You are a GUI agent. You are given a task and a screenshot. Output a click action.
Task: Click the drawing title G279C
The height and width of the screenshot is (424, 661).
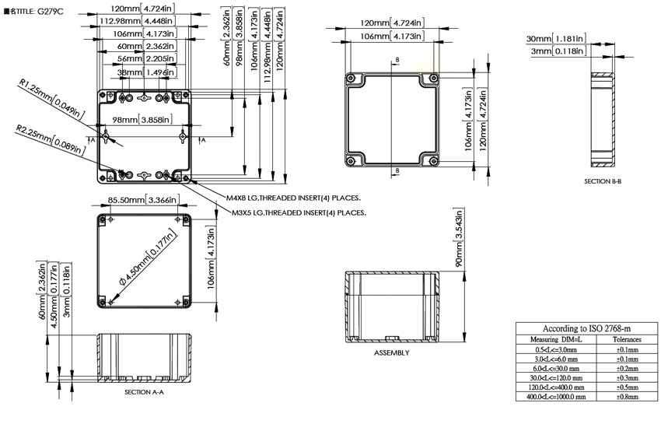click(x=33, y=12)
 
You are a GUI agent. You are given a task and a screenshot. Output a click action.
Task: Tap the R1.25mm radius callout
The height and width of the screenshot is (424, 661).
click(x=51, y=98)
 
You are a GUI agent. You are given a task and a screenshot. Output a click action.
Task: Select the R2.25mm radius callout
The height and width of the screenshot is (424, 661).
click(x=51, y=139)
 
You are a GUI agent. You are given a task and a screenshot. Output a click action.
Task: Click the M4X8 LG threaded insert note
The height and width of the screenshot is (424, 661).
click(x=293, y=198)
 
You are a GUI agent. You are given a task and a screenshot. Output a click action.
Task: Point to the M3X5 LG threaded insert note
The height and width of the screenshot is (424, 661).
click(x=299, y=212)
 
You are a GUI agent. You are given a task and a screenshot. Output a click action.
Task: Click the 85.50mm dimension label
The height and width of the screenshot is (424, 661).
click(x=144, y=200)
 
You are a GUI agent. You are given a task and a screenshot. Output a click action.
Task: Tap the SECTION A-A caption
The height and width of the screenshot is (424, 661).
click(x=144, y=392)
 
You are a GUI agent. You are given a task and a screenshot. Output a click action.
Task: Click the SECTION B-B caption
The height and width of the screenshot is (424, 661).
click(x=603, y=181)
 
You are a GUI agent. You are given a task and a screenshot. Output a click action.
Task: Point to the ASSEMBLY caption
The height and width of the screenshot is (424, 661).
click(x=392, y=352)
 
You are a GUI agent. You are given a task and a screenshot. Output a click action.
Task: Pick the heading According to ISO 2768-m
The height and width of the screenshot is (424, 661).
click(x=586, y=328)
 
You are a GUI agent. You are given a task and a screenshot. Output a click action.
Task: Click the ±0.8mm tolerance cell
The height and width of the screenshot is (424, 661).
click(x=628, y=397)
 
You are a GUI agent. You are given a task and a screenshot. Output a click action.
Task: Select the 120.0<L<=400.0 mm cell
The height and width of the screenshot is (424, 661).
click(x=556, y=387)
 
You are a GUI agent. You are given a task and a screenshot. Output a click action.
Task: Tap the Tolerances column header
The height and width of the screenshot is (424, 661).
click(x=627, y=340)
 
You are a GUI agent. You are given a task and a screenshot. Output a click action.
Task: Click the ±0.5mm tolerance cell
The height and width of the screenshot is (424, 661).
click(x=628, y=387)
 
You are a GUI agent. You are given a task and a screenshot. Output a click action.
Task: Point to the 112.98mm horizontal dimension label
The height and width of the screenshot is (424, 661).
click(x=137, y=21)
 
